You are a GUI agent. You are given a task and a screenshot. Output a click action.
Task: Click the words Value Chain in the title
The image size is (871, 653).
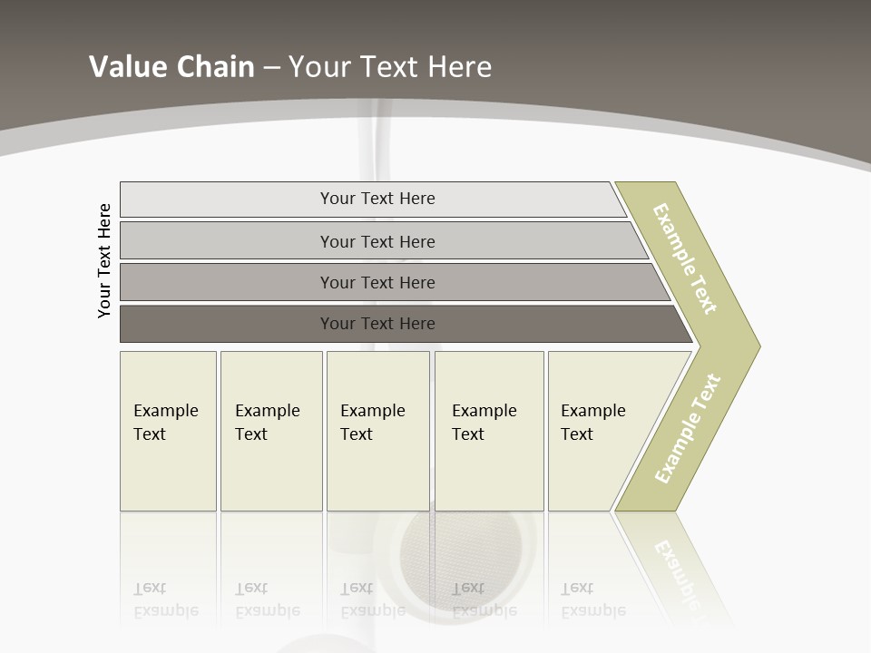171,67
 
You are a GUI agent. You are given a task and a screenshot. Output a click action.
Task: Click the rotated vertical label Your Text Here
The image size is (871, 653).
104,260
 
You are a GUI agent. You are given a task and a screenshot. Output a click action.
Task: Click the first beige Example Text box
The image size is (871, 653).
168,431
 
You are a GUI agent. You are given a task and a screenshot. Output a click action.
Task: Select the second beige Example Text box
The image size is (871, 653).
271,431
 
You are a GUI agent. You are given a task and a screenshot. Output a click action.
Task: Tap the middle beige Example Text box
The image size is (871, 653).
377,431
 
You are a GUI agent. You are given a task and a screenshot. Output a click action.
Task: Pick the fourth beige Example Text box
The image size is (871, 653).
489,431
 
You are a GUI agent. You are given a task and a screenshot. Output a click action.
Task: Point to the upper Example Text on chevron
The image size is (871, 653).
685,258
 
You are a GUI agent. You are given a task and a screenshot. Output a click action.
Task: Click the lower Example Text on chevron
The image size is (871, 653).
687,429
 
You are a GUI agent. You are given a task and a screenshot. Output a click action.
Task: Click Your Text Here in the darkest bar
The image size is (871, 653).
377,324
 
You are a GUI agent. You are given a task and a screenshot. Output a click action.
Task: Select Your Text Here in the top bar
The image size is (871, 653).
377,199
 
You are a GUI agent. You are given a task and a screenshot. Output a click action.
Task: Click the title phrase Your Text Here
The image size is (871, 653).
390,67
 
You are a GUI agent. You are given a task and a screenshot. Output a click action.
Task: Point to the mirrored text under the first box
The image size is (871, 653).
165,600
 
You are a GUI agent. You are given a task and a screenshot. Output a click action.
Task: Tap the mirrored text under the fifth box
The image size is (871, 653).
592,600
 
